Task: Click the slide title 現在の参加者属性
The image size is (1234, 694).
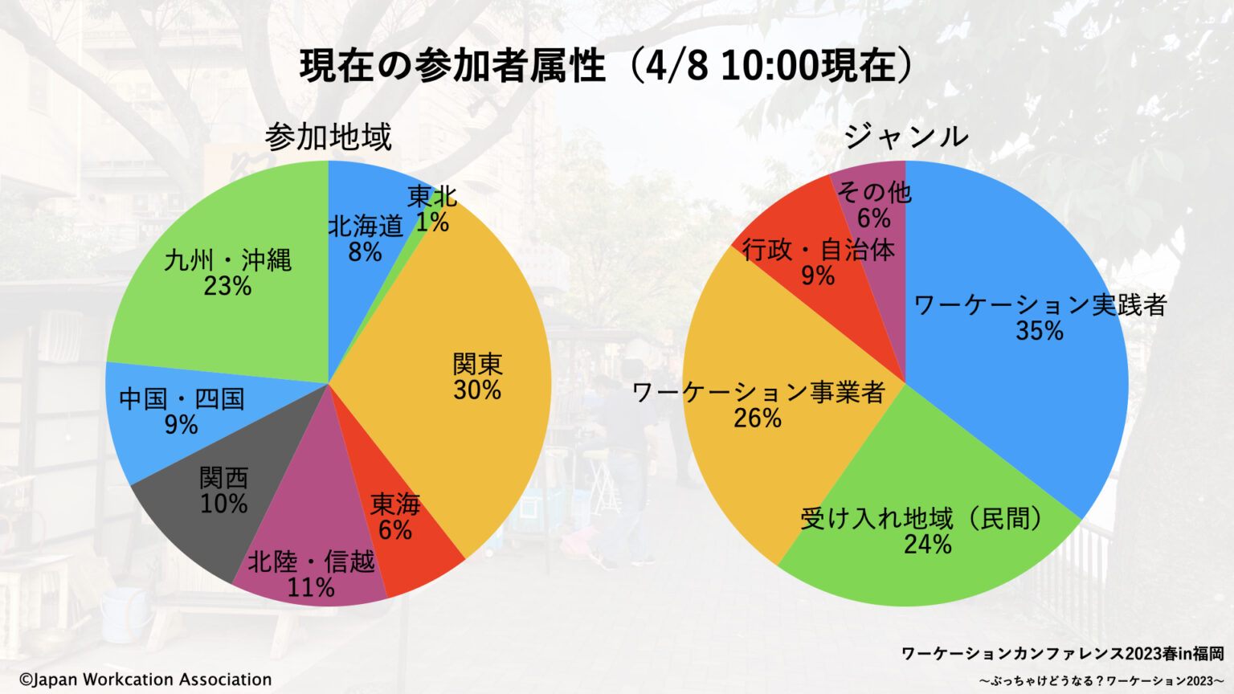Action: tap(452, 66)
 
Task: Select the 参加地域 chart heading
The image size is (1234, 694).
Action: tap(328, 137)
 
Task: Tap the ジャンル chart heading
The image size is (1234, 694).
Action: tap(905, 137)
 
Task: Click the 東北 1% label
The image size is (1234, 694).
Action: tap(432, 210)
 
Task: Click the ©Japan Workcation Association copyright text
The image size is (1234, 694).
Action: tap(145, 680)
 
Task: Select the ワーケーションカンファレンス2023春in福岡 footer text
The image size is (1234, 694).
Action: tap(1062, 653)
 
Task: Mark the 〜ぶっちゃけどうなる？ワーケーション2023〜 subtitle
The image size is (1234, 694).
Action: tap(1101, 681)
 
